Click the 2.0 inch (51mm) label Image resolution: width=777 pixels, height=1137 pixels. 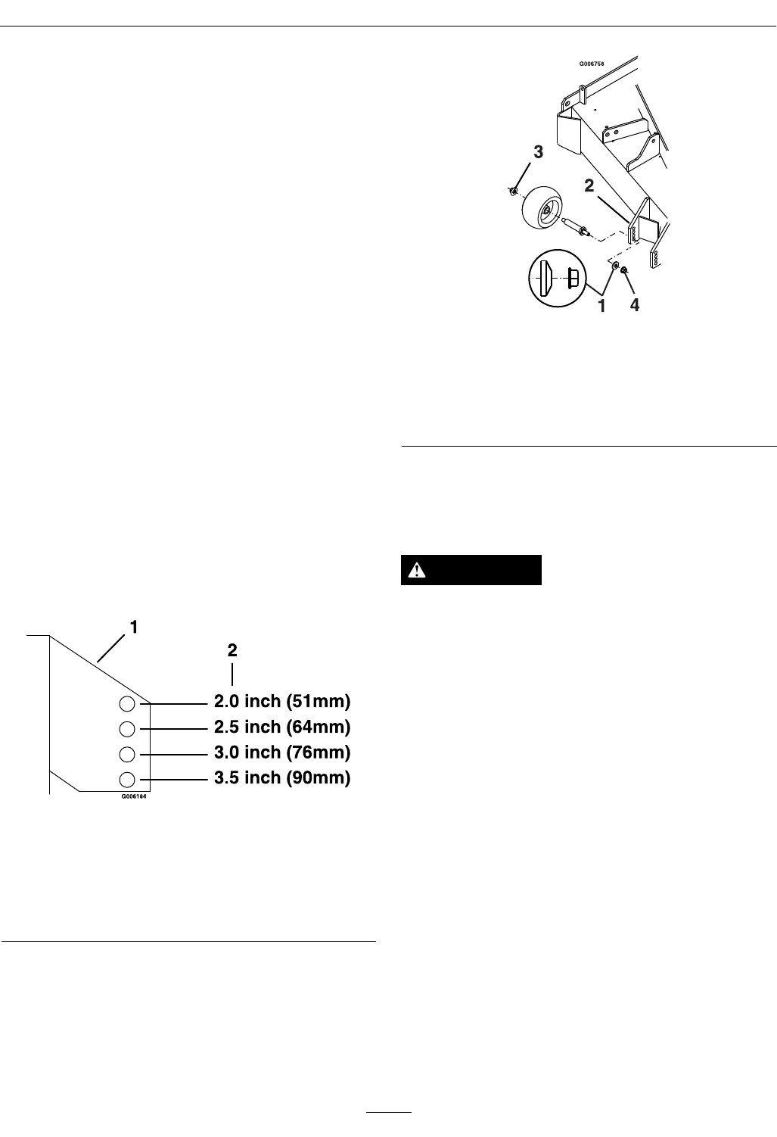coord(282,702)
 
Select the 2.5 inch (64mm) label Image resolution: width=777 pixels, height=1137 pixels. coord(282,727)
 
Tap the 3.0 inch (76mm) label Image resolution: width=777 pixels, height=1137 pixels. coord(282,753)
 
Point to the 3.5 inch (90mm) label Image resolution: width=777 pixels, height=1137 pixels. coord(282,778)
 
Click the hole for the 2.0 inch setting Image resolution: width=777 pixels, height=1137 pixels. coord(127,704)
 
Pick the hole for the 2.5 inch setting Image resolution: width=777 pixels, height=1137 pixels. coord(127,729)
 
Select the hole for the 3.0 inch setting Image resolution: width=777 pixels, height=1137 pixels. coord(127,754)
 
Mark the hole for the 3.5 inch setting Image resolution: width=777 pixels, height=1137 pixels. coord(127,779)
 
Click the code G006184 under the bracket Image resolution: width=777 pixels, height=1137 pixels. coord(133,796)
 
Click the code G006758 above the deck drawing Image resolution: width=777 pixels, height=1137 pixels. coord(593,65)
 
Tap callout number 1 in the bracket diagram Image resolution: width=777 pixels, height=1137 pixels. coord(133,628)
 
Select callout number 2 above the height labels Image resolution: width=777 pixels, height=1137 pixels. coord(232,650)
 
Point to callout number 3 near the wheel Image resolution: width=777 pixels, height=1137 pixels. coord(538,152)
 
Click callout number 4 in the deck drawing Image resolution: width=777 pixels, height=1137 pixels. coord(635,305)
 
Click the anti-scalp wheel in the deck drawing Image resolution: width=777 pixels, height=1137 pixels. coord(541,207)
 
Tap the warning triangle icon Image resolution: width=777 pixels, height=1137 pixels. coord(415,571)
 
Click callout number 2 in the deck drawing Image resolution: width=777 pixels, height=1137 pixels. coord(589,185)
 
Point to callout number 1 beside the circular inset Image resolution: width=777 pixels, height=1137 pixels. coord(602,305)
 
